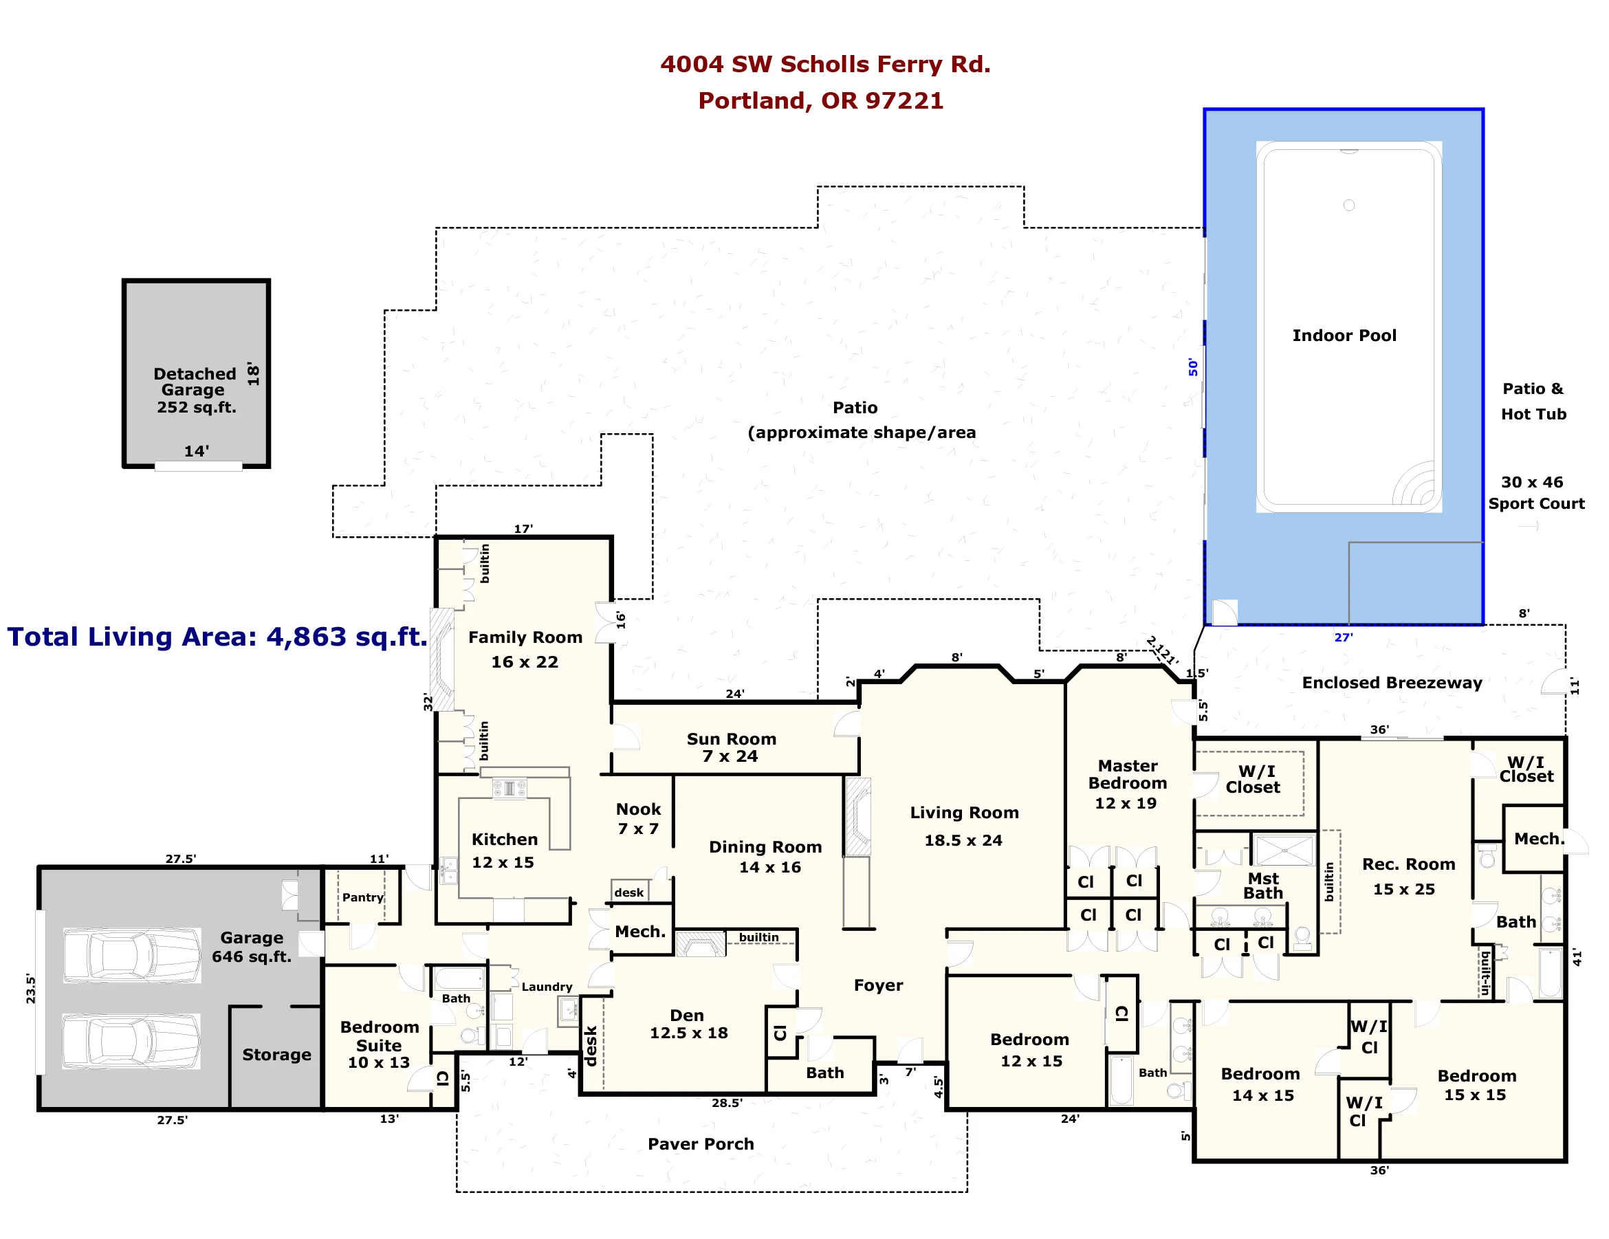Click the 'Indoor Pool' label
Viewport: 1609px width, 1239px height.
click(1344, 336)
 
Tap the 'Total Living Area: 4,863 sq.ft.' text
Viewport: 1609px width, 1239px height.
click(217, 637)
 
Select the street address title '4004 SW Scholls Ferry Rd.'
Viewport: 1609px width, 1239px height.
click(824, 65)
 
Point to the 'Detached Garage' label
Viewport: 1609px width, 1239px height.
click(195, 382)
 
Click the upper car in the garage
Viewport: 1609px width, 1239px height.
click(132, 956)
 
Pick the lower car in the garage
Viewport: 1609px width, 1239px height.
click(131, 1042)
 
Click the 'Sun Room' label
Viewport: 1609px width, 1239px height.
click(731, 739)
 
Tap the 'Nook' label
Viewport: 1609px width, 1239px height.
click(638, 809)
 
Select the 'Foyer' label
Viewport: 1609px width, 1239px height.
click(878, 985)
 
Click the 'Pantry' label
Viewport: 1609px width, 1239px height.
click(362, 897)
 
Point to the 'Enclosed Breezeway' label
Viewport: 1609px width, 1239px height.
click(1392, 683)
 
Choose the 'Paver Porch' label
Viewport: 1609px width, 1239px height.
click(701, 1144)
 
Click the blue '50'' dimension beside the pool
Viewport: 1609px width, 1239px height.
click(1193, 367)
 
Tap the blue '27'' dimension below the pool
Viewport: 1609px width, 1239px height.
click(1343, 637)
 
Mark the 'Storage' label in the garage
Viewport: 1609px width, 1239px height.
click(276, 1055)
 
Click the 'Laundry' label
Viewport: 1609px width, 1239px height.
click(547, 987)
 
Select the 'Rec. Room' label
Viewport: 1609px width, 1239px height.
click(1409, 865)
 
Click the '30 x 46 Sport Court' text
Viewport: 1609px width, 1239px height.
click(1535, 493)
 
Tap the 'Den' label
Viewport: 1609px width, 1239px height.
click(687, 1016)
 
